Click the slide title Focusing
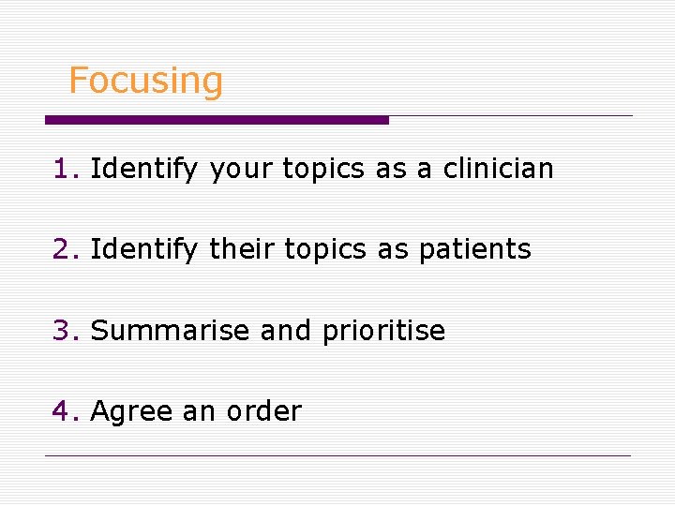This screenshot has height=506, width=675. point(145,82)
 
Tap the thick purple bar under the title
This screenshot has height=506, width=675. point(217,120)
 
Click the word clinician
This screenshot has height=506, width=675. point(498,169)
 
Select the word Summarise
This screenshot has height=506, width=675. point(171,331)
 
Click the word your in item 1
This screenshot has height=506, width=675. point(241,171)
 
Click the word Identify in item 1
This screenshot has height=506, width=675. point(143,170)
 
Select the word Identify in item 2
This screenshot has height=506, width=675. point(143,250)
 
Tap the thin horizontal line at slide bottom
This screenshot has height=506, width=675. point(337,456)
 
